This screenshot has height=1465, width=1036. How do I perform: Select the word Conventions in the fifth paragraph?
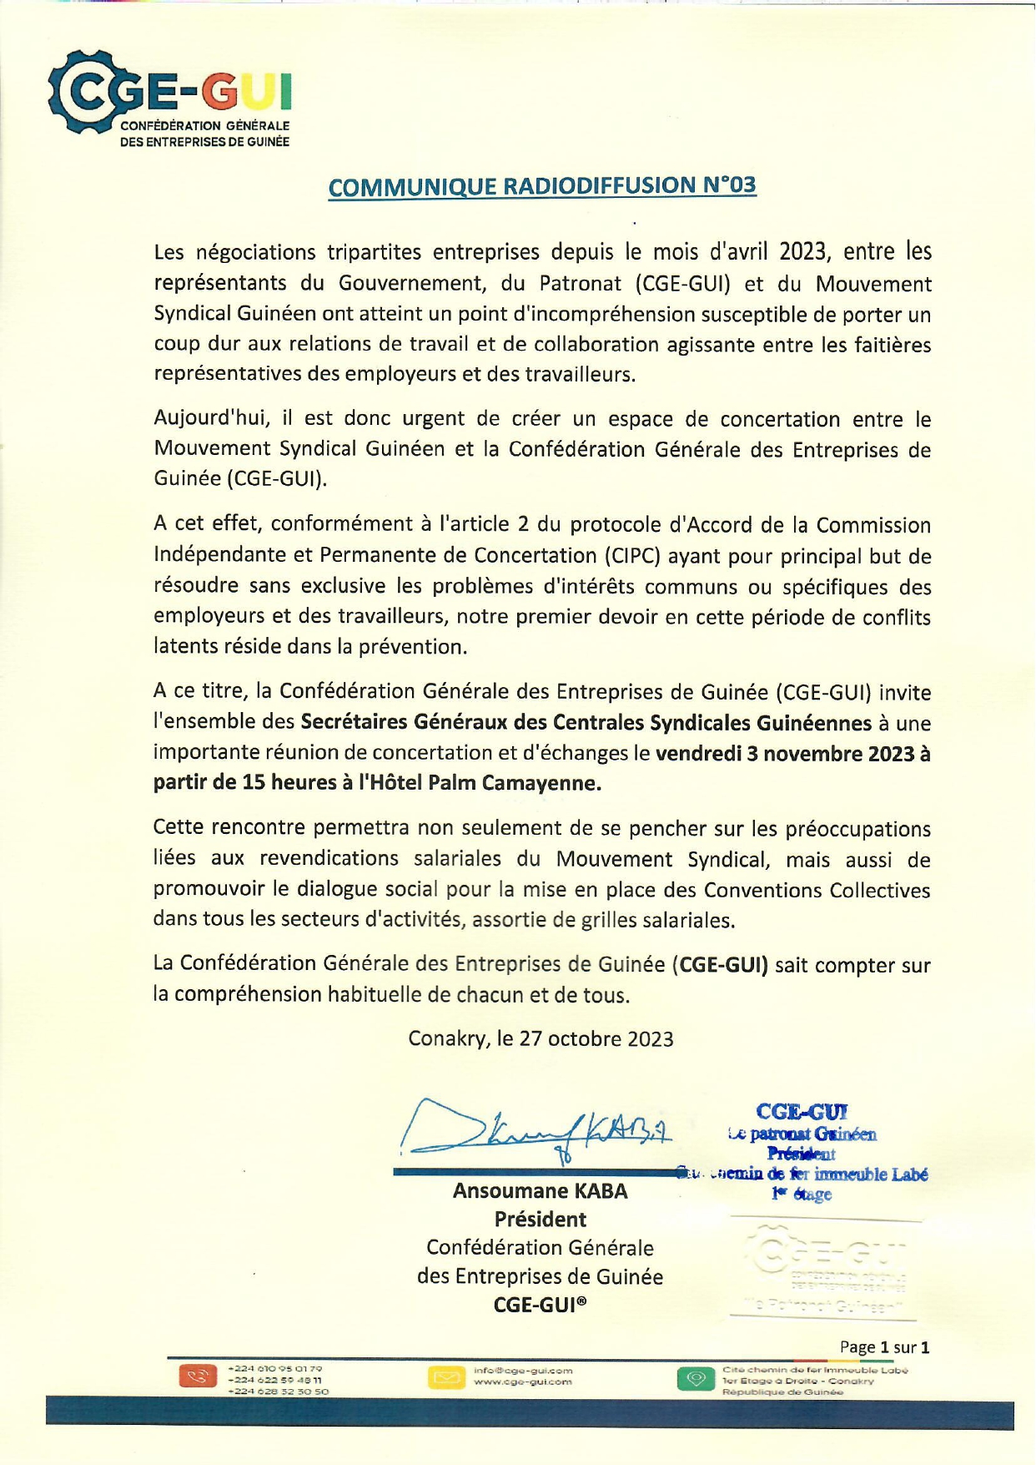[x=762, y=890]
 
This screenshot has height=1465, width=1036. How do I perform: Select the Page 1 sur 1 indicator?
[x=884, y=1347]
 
